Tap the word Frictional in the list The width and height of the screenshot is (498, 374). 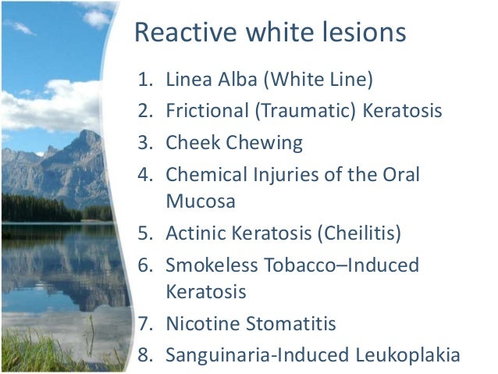(x=206, y=111)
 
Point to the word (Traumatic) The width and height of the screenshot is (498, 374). (x=301, y=111)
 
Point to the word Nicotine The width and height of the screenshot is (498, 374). (x=199, y=322)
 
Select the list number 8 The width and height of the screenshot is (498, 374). (x=143, y=354)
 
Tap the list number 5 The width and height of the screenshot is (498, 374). (x=143, y=232)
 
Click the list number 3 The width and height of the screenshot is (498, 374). (x=143, y=143)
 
